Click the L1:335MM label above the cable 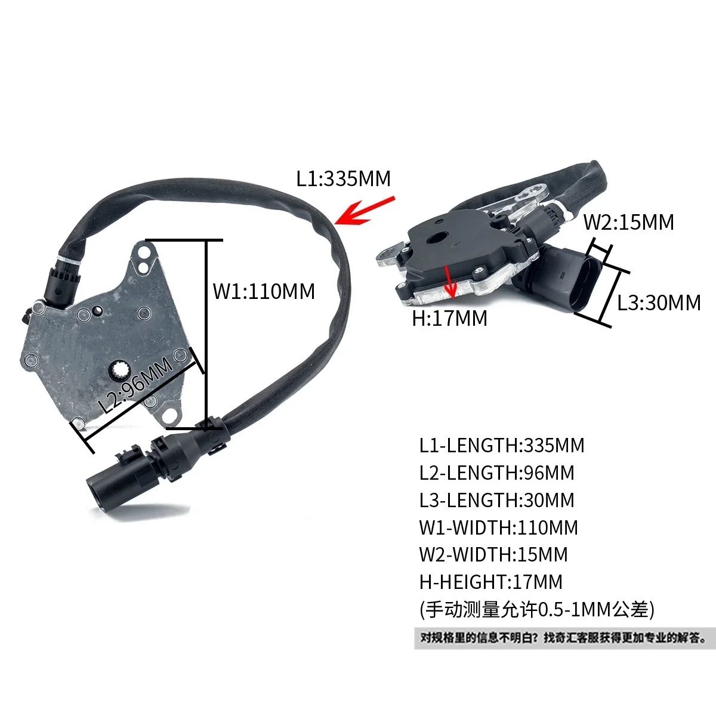(x=343, y=178)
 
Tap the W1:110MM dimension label (x=264, y=291)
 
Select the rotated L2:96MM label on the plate (x=137, y=386)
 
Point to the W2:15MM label (x=628, y=222)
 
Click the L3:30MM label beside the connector (x=659, y=303)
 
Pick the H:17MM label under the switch (x=449, y=318)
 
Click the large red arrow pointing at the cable (x=365, y=210)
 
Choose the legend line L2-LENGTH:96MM (x=496, y=473)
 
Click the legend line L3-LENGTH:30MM (x=496, y=500)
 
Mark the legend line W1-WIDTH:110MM (x=498, y=527)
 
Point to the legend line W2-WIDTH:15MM (x=493, y=554)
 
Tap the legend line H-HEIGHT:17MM (x=490, y=582)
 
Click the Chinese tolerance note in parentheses (x=537, y=609)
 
